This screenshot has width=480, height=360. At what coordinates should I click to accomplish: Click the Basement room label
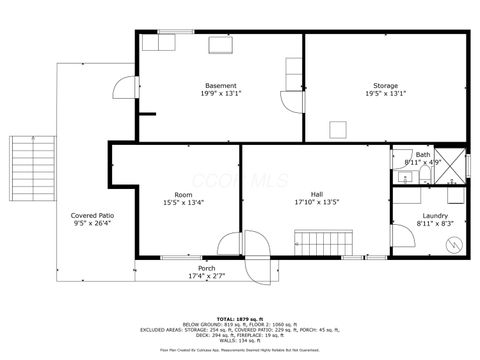[221, 85]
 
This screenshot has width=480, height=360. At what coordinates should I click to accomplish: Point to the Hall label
[316, 194]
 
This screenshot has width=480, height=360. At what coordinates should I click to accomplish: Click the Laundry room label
[434, 216]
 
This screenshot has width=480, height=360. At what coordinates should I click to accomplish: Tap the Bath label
[423, 155]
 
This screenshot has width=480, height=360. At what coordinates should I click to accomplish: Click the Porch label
[206, 268]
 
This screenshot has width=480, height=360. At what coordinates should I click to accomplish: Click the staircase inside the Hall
[324, 241]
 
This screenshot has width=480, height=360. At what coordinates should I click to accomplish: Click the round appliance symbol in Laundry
[454, 242]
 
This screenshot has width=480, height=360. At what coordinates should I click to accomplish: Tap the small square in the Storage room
[338, 127]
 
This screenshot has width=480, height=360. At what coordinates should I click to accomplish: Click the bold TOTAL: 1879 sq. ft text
[239, 318]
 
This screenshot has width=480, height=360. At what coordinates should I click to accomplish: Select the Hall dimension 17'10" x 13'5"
[316, 203]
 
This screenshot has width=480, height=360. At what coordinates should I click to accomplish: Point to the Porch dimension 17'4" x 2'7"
[206, 275]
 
